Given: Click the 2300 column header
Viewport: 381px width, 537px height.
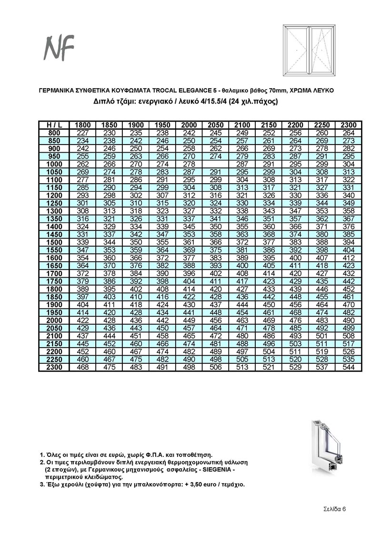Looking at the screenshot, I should pyautogui.click(x=349, y=125).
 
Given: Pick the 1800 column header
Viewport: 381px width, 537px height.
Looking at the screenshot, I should pyautogui.click(x=83, y=125).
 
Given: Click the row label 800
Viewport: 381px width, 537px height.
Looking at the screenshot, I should pyautogui.click(x=54, y=132).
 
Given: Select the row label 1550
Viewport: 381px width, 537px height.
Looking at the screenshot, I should pyautogui.click(x=54, y=250).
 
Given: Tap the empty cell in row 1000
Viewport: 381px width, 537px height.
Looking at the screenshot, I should pyautogui.click(x=216, y=164).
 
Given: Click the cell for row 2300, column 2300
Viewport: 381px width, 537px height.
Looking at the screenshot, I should pyautogui.click(x=349, y=368).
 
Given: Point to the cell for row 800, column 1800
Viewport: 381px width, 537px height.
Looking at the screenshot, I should pyautogui.click(x=83, y=132).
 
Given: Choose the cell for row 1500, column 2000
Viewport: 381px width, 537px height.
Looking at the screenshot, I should pyautogui.click(x=189, y=242).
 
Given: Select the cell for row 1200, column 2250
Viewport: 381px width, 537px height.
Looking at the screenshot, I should pyautogui.click(x=322, y=195).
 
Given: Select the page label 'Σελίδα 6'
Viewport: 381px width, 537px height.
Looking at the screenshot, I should pyautogui.click(x=332, y=508).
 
